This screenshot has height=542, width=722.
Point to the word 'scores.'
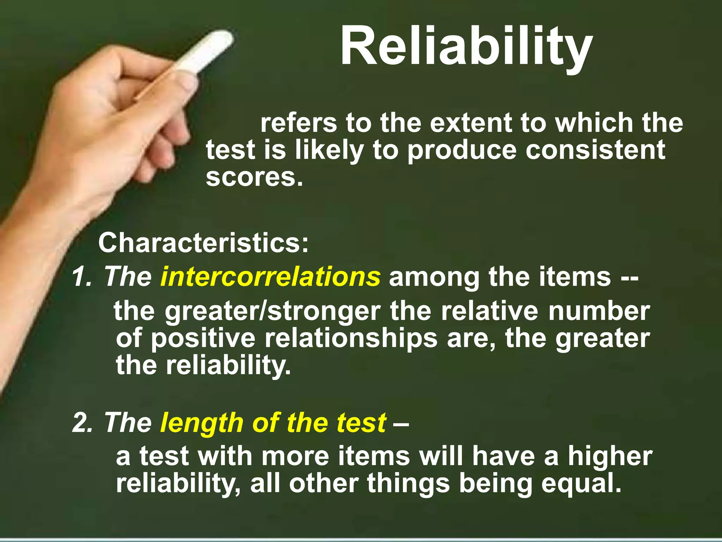[254, 177]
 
